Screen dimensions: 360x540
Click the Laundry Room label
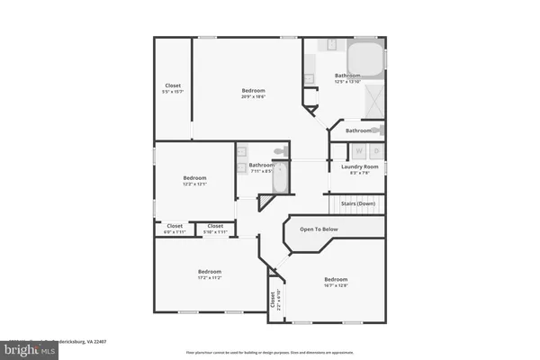(358, 166)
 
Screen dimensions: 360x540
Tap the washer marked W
(358, 150)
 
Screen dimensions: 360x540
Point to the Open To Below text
(319, 229)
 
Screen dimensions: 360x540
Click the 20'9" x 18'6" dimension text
(253, 97)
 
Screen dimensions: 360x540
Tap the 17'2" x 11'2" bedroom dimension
(210, 278)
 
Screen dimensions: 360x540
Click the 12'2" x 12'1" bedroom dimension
(195, 184)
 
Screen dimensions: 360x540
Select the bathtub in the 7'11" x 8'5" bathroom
(279, 177)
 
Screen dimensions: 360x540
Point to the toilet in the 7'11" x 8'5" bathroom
(279, 150)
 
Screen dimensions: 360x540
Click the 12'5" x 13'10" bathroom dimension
(348, 82)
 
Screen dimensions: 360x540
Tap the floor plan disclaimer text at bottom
(270, 352)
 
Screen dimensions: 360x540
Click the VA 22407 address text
(81, 342)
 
